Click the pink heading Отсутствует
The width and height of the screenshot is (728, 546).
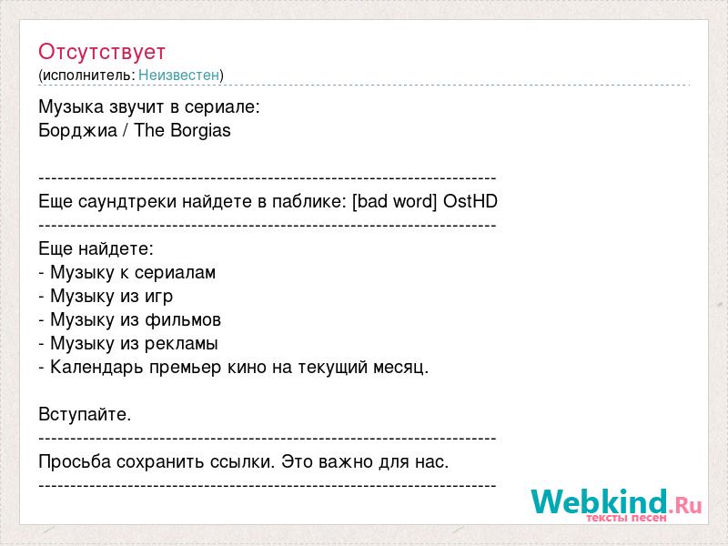point(102,52)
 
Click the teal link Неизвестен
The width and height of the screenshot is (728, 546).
point(178,75)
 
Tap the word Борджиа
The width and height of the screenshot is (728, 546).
point(77,130)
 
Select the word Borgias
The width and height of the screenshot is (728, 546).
point(200,130)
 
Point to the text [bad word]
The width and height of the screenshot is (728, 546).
point(395,201)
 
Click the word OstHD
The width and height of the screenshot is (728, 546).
point(470,201)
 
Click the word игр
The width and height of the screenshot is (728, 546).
point(158,297)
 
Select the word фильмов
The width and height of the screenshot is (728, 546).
point(183,320)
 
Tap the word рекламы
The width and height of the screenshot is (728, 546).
point(181,344)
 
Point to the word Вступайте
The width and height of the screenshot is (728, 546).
point(85,414)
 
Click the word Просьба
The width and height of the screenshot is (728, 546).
point(75,461)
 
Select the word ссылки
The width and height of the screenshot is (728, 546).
point(242,462)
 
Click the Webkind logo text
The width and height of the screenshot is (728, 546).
point(600,501)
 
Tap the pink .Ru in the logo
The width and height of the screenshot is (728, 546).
point(685,505)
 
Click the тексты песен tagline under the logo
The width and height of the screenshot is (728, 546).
point(626,518)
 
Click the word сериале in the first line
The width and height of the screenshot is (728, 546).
point(222,106)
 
